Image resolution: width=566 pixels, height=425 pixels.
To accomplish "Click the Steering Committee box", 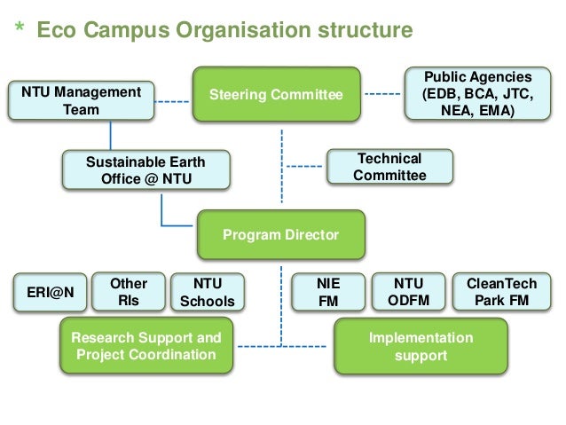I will pyautogui.click(x=276, y=94).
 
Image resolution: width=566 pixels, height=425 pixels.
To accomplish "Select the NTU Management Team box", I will pyautogui.click(x=82, y=101).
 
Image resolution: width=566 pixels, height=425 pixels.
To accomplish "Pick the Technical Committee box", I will pyautogui.click(x=389, y=167).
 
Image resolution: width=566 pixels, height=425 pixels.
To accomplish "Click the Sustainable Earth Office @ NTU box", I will pyautogui.click(x=145, y=170).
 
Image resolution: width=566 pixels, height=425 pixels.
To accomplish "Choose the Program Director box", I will pyautogui.click(x=280, y=235).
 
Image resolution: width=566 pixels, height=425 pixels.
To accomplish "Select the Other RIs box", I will pyautogui.click(x=129, y=292).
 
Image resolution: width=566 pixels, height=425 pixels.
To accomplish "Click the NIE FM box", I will pyautogui.click(x=328, y=292).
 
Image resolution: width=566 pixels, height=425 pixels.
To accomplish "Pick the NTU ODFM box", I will pyautogui.click(x=409, y=292).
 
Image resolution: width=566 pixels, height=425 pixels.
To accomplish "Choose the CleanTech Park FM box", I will pyautogui.click(x=502, y=292).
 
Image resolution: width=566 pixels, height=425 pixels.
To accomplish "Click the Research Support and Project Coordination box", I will pyautogui.click(x=146, y=347).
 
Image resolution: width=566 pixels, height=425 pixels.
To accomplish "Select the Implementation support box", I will pyautogui.click(x=421, y=347).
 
